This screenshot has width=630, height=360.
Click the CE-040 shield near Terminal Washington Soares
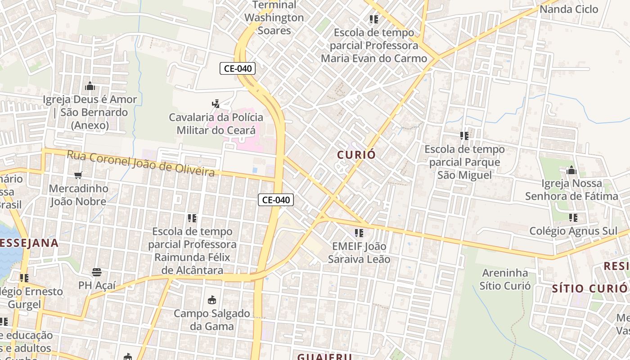pyautogui.click(x=238, y=68)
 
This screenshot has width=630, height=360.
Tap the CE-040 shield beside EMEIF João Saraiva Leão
pyautogui.click(x=276, y=200)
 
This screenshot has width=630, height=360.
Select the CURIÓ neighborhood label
pyautogui.click(x=356, y=154)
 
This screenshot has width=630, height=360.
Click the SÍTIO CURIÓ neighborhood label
pyautogui.click(x=589, y=288)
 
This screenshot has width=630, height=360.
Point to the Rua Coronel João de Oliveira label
pyautogui.click(x=141, y=163)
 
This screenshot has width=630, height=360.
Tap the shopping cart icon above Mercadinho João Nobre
pyautogui.click(x=78, y=175)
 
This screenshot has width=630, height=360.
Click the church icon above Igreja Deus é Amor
pyautogui.click(x=90, y=85)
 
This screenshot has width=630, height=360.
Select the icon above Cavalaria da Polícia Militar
pyautogui.click(x=216, y=104)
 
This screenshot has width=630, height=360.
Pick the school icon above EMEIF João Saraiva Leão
pyautogui.click(x=359, y=233)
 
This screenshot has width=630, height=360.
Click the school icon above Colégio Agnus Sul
pyautogui.click(x=573, y=218)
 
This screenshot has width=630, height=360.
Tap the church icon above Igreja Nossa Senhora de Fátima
pyautogui.click(x=571, y=170)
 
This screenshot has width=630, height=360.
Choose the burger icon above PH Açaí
pyautogui.click(x=97, y=272)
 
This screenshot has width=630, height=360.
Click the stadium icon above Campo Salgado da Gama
pyautogui.click(x=212, y=299)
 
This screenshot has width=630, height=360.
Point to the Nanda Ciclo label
pyautogui.click(x=569, y=9)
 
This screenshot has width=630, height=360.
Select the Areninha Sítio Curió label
pyautogui.click(x=505, y=279)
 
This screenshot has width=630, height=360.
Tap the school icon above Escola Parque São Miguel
pyautogui.click(x=464, y=135)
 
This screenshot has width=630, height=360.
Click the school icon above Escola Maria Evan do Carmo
pyautogui.click(x=373, y=19)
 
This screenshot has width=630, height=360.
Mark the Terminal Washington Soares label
pyautogui.click(x=274, y=18)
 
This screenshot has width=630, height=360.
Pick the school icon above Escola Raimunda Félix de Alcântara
pyautogui.click(x=192, y=218)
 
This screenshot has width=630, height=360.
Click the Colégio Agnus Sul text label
pyautogui.click(x=573, y=231)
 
